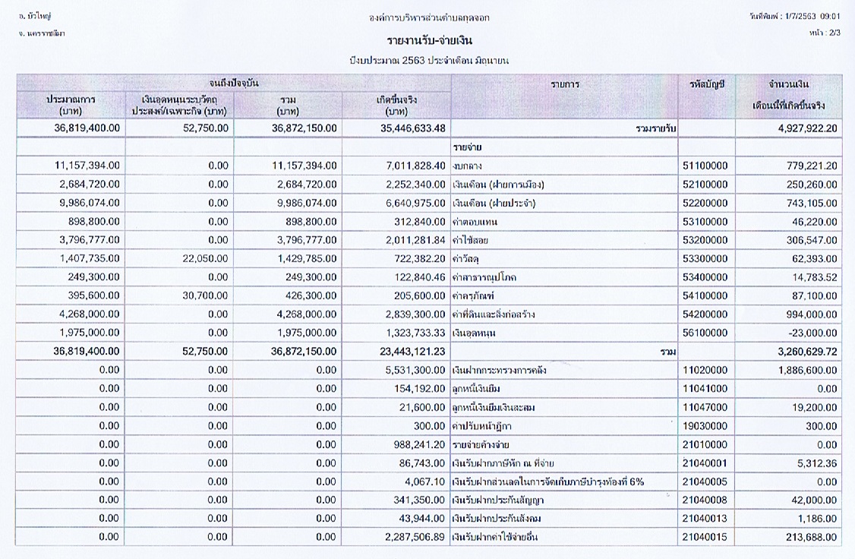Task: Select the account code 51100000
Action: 705,166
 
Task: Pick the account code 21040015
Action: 705,537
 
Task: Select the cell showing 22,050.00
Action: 206,258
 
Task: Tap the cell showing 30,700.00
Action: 206,295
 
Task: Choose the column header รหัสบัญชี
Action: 707,84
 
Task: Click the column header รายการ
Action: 565,84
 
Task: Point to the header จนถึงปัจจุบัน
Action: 234,84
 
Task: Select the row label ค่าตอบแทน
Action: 475,222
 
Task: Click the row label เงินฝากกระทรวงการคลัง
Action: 500,371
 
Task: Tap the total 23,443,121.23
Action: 413,352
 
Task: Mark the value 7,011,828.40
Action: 415,166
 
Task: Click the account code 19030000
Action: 705,426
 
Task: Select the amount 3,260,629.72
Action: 808,352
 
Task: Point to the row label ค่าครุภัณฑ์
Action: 473,296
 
